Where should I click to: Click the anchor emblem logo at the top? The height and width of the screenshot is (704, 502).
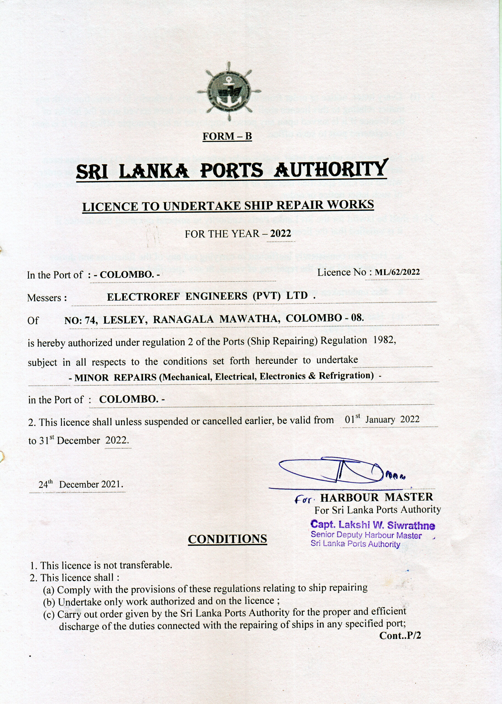pyautogui.click(x=229, y=91)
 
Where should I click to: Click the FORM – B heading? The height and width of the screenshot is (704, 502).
pyautogui.click(x=227, y=136)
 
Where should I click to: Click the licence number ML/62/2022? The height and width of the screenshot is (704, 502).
pyautogui.click(x=397, y=272)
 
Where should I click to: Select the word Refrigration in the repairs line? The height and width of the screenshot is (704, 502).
pyautogui.click(x=344, y=376)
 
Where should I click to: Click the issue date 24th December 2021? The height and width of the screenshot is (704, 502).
pyautogui.click(x=80, y=484)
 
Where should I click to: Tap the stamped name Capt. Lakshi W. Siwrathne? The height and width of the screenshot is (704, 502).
pyautogui.click(x=373, y=525)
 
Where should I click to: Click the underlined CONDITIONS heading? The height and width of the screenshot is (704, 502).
pyautogui.click(x=228, y=539)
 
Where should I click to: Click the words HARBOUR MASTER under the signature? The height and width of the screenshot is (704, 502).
pyautogui.click(x=377, y=497)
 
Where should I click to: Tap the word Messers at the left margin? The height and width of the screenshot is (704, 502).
pyautogui.click(x=47, y=298)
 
